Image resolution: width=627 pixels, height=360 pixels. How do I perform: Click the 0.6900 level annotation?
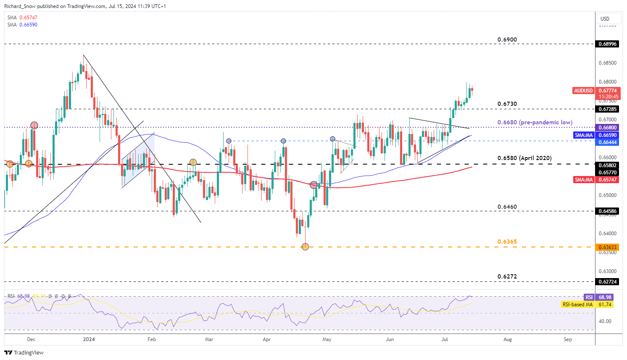click(507, 39)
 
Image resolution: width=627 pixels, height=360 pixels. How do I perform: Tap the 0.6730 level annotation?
click(507, 104)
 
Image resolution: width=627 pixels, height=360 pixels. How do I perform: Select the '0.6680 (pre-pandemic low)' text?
click(535, 122)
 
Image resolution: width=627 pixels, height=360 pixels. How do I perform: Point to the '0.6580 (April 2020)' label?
click(524, 158)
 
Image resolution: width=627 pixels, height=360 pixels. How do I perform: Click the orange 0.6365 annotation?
click(507, 242)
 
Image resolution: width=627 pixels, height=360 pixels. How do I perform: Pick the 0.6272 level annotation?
click(507, 276)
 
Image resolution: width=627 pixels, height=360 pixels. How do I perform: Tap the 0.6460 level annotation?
click(507, 207)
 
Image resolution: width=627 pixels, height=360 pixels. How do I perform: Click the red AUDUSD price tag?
click(583, 91)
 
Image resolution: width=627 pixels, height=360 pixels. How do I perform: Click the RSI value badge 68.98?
click(605, 297)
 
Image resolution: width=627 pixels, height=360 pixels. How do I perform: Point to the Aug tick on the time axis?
click(508, 339)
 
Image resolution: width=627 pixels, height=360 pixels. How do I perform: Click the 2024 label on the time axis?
click(89, 339)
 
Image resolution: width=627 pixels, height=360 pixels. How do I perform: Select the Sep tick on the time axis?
click(568, 339)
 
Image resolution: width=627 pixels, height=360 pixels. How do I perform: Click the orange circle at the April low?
click(305, 247)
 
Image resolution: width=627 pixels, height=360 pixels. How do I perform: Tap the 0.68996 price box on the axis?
click(608, 44)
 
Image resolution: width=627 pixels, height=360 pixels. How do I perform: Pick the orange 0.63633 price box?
click(608, 247)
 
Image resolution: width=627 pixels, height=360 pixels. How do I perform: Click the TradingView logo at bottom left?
click(24, 352)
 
